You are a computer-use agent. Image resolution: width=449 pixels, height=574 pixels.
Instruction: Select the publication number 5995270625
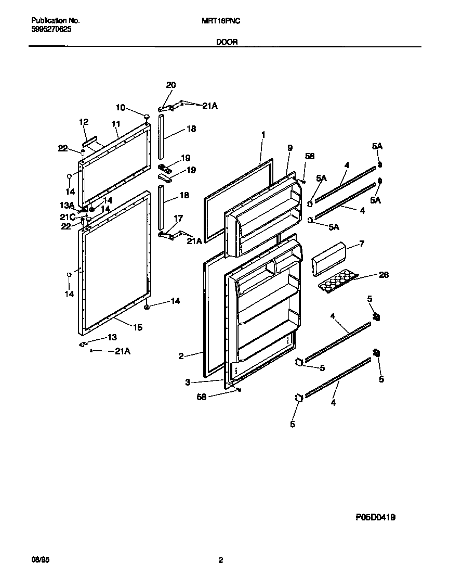(51, 30)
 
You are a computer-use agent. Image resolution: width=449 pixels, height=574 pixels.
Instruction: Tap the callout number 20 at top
(170, 85)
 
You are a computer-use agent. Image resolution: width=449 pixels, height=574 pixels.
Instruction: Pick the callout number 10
(120, 108)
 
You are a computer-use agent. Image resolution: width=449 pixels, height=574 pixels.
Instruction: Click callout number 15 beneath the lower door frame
(138, 327)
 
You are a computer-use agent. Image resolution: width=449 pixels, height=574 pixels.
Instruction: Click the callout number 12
(84, 122)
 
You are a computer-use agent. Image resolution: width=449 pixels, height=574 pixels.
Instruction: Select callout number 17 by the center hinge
(178, 219)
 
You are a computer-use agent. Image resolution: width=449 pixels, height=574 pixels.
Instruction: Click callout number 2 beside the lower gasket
(181, 356)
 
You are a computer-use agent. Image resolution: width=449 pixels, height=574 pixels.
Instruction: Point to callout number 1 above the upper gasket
(263, 134)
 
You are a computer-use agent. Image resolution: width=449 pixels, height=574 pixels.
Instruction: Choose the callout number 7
(362, 244)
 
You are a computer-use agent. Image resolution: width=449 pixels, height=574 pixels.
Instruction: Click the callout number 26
(384, 275)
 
